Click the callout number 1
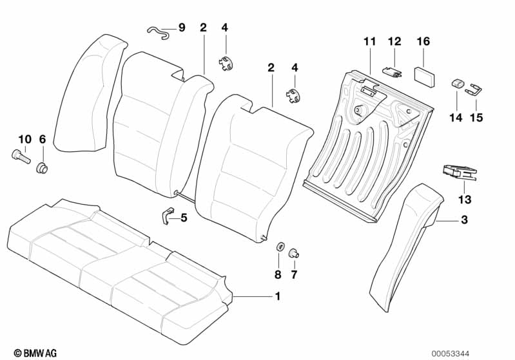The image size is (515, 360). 278,296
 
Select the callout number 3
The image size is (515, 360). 463,220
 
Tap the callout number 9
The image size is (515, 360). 181,28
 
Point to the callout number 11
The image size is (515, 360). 369,42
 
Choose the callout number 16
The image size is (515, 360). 423,42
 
